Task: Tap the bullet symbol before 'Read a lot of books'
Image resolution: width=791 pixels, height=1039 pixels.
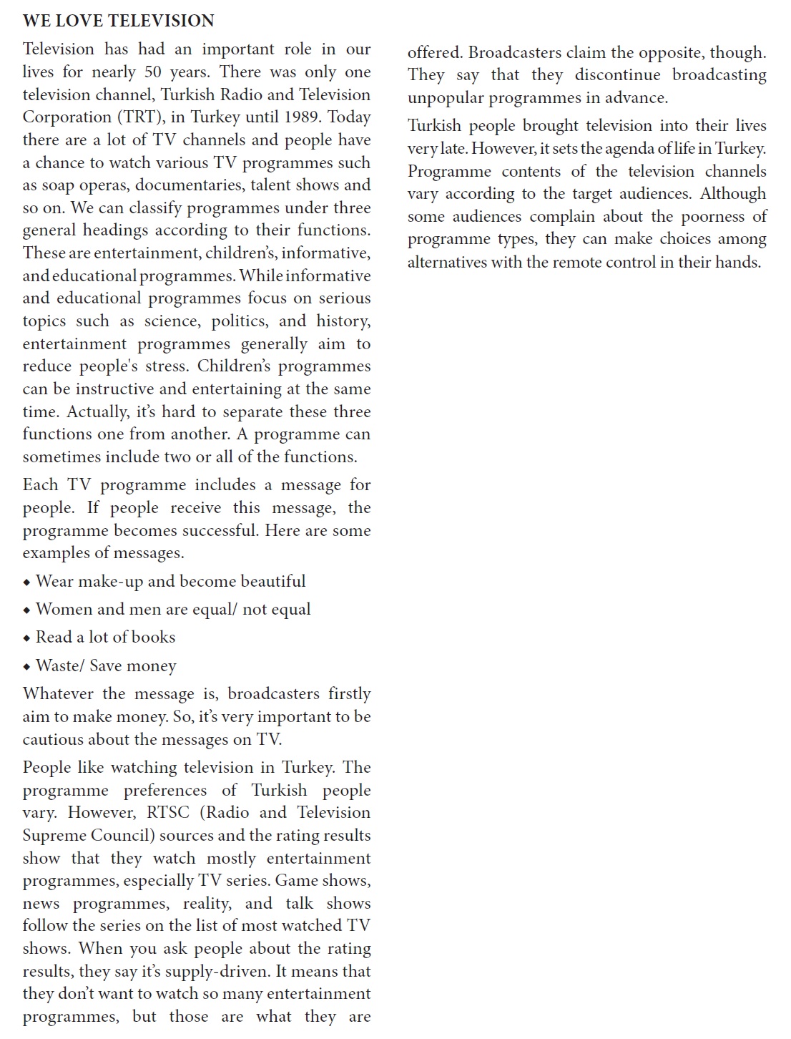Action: point(26,638)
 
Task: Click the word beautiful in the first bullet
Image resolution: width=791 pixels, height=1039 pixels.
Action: point(272,582)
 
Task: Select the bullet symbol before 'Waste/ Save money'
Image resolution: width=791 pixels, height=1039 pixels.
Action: point(26,667)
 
